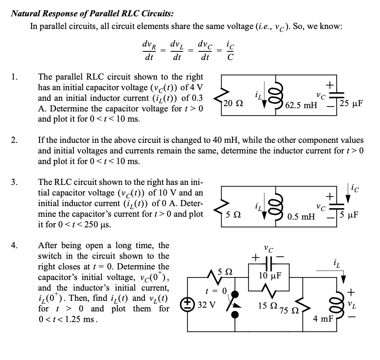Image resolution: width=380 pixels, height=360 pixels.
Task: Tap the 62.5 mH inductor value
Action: point(301,106)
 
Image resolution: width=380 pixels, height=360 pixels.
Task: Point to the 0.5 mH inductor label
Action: point(301,216)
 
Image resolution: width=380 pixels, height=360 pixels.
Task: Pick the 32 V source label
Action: point(207,304)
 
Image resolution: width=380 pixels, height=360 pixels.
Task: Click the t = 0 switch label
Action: point(215,291)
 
